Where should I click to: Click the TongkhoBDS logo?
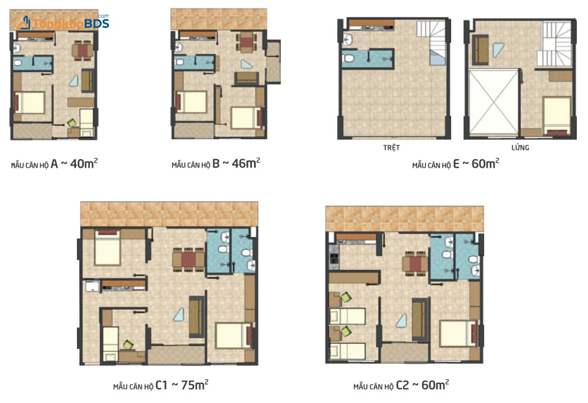point(64,22)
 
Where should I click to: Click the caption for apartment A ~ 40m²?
point(54,164)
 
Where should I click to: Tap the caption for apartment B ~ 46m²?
point(216,163)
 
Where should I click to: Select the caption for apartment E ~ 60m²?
point(456,164)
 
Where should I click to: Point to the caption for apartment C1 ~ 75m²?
point(160,385)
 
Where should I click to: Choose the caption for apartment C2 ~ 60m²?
point(401,385)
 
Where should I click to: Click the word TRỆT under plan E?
point(391,148)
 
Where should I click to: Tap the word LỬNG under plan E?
point(520,148)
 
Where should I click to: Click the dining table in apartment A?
point(83,50)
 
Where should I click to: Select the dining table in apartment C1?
point(188,259)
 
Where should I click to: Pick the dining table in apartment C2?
point(415,263)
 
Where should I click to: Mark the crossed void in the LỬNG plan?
point(493,102)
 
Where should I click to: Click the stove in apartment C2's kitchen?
point(333,258)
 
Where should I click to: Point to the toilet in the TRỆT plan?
point(349,59)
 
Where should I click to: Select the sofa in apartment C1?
point(196,317)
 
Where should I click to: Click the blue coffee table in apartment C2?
point(402,320)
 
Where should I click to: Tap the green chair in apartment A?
point(71,123)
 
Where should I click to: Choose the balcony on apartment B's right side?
point(273,62)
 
